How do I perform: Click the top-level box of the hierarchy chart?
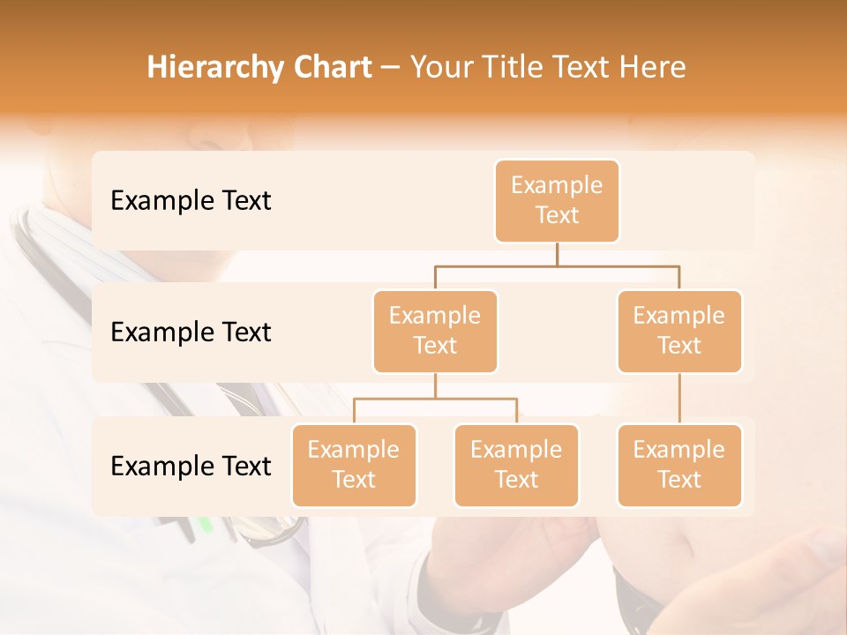557,200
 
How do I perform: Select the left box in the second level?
435,331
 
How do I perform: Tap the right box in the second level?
679,331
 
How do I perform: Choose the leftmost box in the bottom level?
354,465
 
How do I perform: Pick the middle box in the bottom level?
516,465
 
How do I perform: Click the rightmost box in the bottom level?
679,465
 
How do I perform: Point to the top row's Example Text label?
191,200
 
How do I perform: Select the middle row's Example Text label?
191,332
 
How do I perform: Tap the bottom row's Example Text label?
191,466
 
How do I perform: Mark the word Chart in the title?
328,67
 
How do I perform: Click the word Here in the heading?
654,67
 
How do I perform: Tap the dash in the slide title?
391,68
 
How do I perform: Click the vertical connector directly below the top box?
557,254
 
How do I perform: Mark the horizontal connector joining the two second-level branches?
557,265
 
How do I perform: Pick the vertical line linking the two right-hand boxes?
679,398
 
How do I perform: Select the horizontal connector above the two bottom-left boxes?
435,399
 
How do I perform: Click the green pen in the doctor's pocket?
206,525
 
